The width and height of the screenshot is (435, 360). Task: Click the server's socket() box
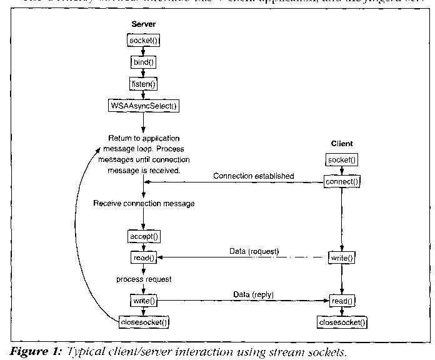[x=143, y=41]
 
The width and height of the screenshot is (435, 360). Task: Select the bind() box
[x=143, y=62]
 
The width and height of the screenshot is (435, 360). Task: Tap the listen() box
[x=143, y=83]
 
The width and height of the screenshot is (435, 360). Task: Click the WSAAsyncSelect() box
[x=143, y=105]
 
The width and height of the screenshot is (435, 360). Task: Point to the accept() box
[x=144, y=236]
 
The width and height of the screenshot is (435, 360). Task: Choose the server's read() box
[x=144, y=257]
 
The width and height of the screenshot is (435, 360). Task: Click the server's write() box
[x=144, y=301]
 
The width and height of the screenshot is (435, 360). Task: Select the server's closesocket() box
[x=144, y=322]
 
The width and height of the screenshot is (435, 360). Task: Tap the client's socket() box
[x=341, y=160]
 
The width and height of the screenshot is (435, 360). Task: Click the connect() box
[x=341, y=181]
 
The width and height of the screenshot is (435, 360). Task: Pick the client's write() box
[x=341, y=257]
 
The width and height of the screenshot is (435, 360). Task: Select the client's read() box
[x=341, y=301]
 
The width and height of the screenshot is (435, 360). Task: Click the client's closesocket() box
[x=341, y=322]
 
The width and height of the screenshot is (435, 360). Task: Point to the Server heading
[x=143, y=24]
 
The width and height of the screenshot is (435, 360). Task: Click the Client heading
[x=341, y=144]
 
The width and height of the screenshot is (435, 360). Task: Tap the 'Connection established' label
[x=253, y=176]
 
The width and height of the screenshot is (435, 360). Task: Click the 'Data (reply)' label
[x=252, y=294]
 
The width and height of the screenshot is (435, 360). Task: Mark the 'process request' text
[x=144, y=279]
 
